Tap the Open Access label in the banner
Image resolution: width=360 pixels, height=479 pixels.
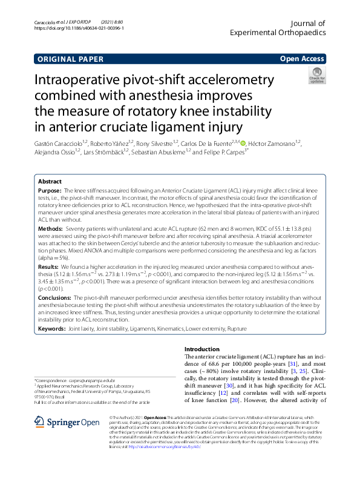(x=302, y=59)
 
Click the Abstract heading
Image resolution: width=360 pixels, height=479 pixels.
(x=50, y=182)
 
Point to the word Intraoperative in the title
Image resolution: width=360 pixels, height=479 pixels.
(x=91, y=80)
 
